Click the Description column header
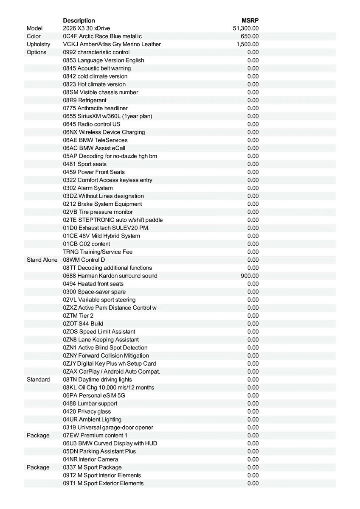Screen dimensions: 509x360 [x=79, y=20]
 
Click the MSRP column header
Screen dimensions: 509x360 [x=250, y=20]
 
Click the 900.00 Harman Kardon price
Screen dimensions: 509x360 [x=250, y=276]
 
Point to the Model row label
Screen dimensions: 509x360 [x=35, y=28]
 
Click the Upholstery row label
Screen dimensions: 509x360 [x=38, y=44]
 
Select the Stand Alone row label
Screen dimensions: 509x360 [x=42, y=260]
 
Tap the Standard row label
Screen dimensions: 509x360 [x=38, y=380]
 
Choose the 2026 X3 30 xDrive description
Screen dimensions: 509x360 [x=86, y=28]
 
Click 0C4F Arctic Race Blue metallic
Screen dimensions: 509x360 [x=102, y=36]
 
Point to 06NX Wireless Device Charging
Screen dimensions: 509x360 [x=104, y=132]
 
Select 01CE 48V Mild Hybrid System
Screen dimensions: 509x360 [x=101, y=236]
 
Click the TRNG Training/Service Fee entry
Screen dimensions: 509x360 [x=98, y=252]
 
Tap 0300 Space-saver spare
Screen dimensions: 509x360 [x=94, y=292]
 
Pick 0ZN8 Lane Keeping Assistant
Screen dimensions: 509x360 [x=101, y=340]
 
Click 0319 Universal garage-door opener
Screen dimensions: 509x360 [x=108, y=428]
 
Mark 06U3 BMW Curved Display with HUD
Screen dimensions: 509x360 [x=110, y=443]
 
